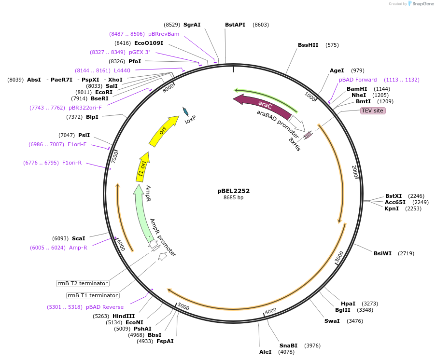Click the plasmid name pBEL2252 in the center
click(233, 191)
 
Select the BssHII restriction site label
click(308, 45)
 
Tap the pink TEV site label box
click(373, 111)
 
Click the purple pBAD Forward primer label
click(358, 80)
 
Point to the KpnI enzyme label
click(392, 208)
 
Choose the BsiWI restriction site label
click(382, 253)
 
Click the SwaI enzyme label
click(332, 321)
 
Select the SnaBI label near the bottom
click(288, 346)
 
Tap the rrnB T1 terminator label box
click(93, 295)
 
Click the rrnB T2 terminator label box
click(83, 283)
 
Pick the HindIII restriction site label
click(124, 316)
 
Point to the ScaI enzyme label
click(78, 238)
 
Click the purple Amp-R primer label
click(78, 248)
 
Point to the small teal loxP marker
click(185, 111)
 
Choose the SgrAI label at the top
click(192, 25)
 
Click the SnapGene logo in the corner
click(421, 4)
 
